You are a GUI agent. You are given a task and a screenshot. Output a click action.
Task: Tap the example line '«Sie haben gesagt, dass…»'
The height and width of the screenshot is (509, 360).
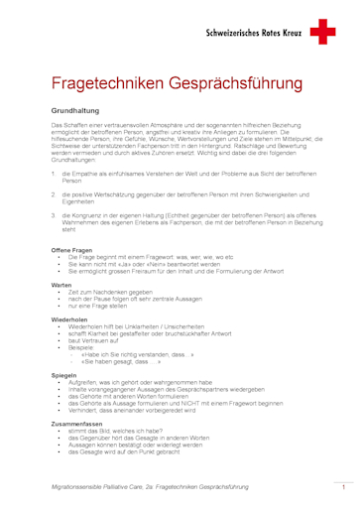click(x=124, y=361)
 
